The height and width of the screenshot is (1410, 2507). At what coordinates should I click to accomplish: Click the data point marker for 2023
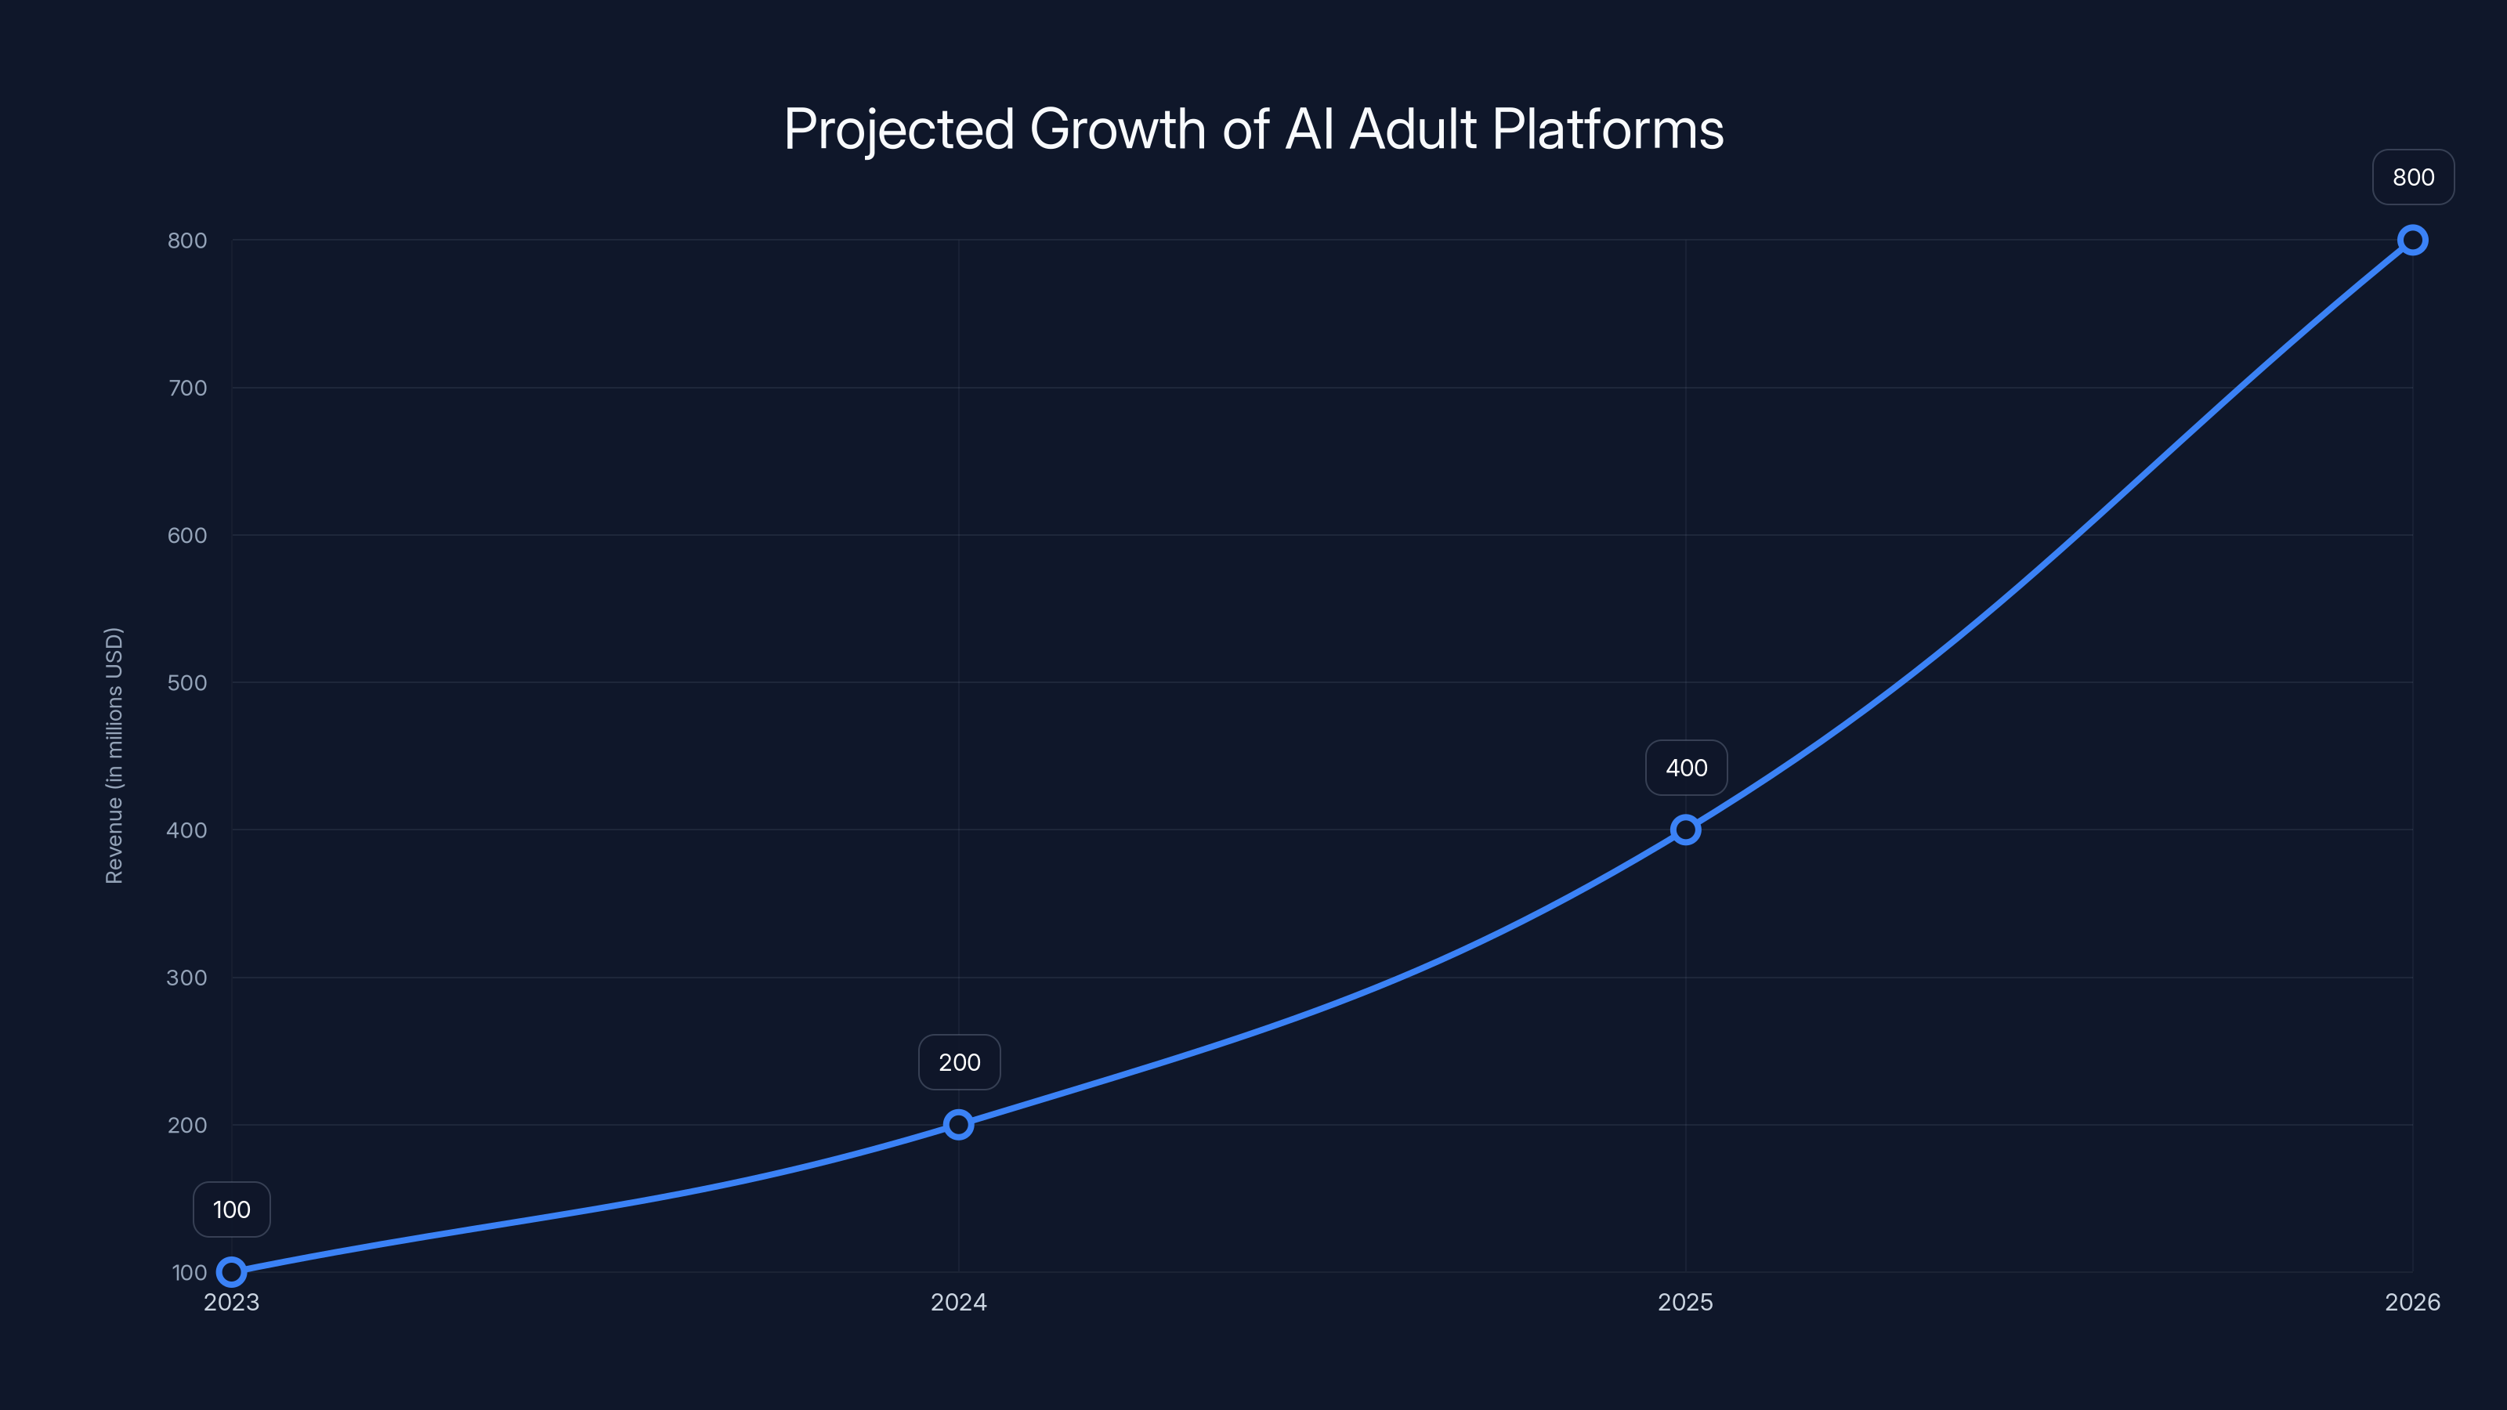(x=232, y=1272)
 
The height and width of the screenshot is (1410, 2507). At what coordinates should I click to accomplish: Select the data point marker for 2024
(x=959, y=1125)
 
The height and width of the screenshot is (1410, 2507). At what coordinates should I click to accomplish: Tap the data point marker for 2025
(x=1686, y=830)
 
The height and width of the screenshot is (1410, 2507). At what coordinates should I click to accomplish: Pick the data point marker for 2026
(x=2413, y=240)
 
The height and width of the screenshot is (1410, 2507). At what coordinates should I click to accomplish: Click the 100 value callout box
(x=232, y=1209)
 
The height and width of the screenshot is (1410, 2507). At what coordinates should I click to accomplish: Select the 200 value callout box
(x=960, y=1063)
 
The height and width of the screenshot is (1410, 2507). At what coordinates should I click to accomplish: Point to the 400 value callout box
(x=1687, y=768)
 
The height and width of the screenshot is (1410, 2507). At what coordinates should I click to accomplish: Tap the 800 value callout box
(x=2414, y=177)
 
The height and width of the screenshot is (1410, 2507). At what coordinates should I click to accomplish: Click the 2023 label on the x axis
(x=232, y=1302)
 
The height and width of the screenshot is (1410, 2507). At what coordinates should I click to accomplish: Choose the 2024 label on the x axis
(x=959, y=1302)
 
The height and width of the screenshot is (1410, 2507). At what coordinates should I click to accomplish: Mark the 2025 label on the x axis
(x=1686, y=1302)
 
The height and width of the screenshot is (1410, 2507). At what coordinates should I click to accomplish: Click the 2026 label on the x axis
(x=2413, y=1302)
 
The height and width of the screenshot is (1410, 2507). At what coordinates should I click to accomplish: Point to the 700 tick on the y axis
(x=187, y=389)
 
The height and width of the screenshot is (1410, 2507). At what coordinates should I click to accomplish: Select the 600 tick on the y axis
(x=187, y=535)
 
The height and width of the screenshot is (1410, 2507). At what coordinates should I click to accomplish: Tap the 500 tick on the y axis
(x=187, y=683)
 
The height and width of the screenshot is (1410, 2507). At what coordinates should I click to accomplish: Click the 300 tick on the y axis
(x=187, y=978)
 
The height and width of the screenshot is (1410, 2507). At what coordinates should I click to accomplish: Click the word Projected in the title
(x=899, y=129)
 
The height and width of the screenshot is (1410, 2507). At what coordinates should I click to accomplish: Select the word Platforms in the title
(x=1608, y=129)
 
